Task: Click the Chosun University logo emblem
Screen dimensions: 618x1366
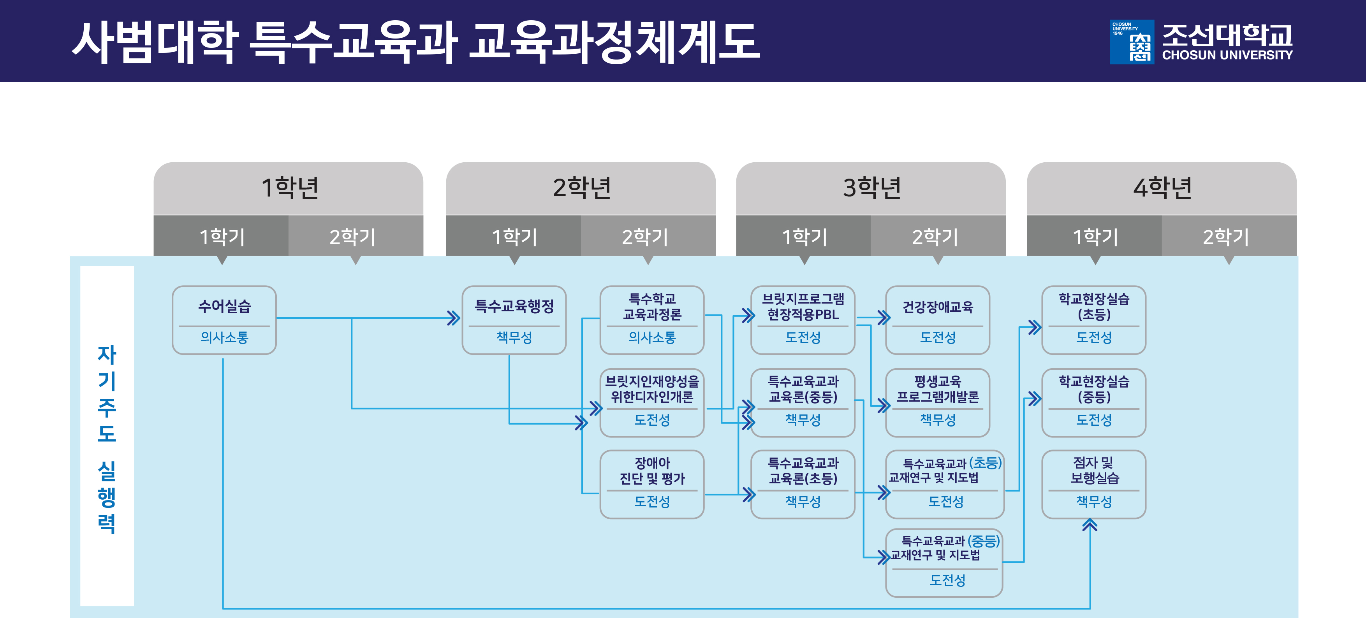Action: click(1131, 42)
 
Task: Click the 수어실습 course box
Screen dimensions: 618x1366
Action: click(224, 320)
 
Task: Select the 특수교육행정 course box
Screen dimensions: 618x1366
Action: click(514, 320)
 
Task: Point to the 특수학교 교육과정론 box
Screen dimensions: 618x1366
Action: click(652, 320)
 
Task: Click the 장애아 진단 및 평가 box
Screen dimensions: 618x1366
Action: click(652, 484)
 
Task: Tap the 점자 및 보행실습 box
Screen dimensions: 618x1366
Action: click(1093, 484)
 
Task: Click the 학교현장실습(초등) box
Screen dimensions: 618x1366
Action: click(1093, 320)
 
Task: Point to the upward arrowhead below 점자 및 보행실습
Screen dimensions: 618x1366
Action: click(1090, 525)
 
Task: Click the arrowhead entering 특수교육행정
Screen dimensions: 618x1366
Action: click(453, 318)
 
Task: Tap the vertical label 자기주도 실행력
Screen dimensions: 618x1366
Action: click(107, 437)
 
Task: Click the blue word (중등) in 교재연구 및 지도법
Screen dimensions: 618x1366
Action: click(984, 541)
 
